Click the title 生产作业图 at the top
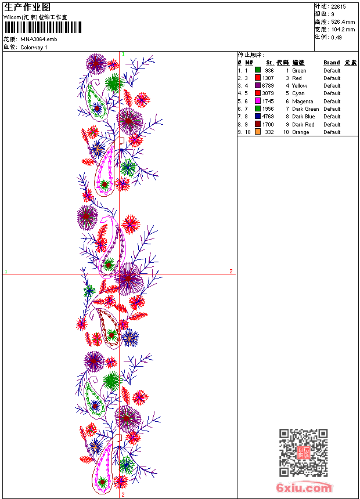(27, 7)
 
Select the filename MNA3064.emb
(38, 39)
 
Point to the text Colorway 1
(34, 47)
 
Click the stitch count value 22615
(339, 7)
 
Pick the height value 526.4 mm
(343, 22)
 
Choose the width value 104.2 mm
(343, 30)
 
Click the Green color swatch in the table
(258, 70)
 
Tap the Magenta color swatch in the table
(258, 101)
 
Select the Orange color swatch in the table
(258, 132)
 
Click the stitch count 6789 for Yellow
(268, 86)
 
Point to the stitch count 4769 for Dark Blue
(268, 117)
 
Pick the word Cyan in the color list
(298, 93)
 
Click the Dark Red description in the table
(303, 124)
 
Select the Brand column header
(332, 63)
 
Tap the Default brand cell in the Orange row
(332, 132)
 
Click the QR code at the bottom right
(303, 453)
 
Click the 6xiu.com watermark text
(304, 488)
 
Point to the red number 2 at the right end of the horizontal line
(231, 271)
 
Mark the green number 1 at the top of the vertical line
(123, 54)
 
